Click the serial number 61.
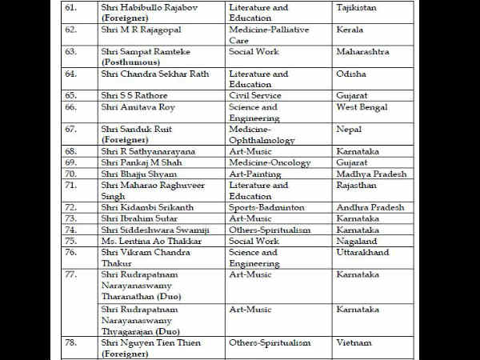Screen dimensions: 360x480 point(71,7)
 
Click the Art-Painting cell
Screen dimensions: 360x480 point(255,174)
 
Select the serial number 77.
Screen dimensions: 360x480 point(72,274)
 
